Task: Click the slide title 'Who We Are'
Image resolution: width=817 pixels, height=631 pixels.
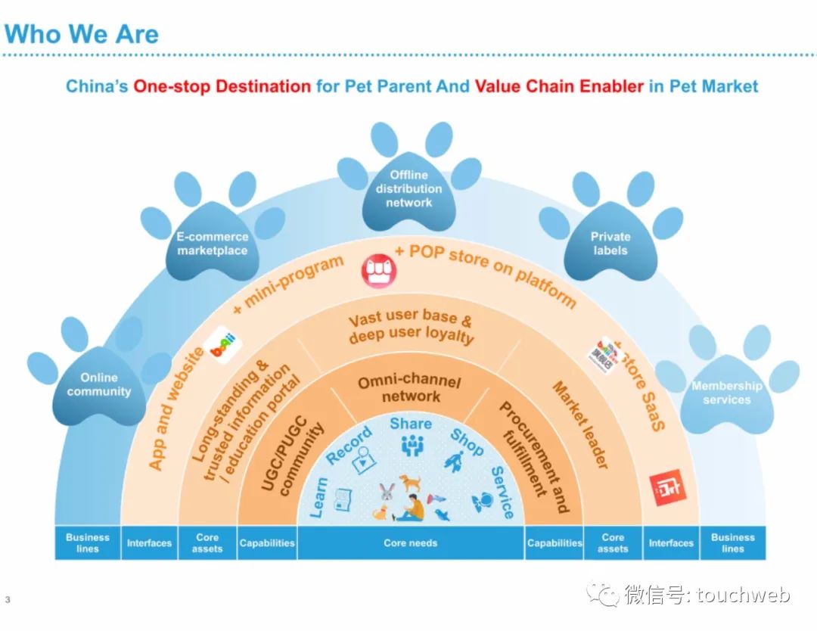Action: pos(81,33)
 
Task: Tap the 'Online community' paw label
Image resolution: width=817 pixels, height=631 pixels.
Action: pos(99,385)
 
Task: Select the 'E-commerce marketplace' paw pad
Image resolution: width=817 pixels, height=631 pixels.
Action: pos(213,244)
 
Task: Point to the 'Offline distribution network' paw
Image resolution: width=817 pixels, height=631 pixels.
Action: pos(408,189)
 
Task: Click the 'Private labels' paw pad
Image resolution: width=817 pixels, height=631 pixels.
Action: pos(610,244)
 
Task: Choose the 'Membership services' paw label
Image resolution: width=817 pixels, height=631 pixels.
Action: pos(726,393)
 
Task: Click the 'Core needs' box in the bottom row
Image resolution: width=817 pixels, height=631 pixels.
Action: pos(411,542)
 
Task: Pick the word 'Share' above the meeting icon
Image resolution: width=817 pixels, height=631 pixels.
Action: pos(411,424)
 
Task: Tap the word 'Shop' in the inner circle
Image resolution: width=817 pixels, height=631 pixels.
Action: pos(466,443)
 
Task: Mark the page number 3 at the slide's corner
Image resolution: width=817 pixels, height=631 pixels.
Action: pos(8,601)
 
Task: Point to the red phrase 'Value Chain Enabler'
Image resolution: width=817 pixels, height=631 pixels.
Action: pos(558,86)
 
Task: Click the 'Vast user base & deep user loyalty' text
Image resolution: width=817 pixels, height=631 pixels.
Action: pos(411,328)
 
